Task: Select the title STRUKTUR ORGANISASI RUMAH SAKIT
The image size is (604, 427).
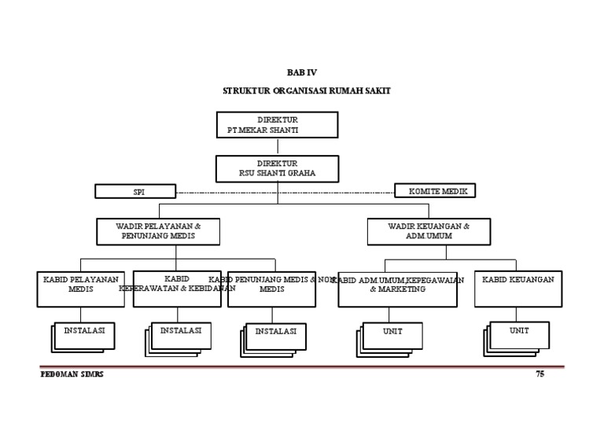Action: (x=306, y=91)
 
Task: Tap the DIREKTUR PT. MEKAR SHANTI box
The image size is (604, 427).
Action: (x=277, y=124)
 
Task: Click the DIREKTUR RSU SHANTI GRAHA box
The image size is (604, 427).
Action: (x=277, y=168)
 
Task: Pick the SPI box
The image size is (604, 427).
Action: (x=134, y=191)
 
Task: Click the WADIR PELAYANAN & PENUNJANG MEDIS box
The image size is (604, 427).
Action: (x=158, y=231)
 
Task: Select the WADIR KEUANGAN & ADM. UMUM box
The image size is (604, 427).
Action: (x=429, y=231)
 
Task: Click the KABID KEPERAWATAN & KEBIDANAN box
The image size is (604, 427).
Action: (x=176, y=288)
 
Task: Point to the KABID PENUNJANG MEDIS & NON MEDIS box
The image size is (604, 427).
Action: (x=271, y=289)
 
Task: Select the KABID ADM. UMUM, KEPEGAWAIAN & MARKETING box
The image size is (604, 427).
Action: (x=397, y=289)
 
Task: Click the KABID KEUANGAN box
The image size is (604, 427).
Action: (x=517, y=289)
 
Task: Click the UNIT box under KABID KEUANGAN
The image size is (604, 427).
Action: (x=520, y=333)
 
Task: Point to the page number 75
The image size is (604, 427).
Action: (x=540, y=374)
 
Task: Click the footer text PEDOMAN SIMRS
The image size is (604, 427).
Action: (x=72, y=374)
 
